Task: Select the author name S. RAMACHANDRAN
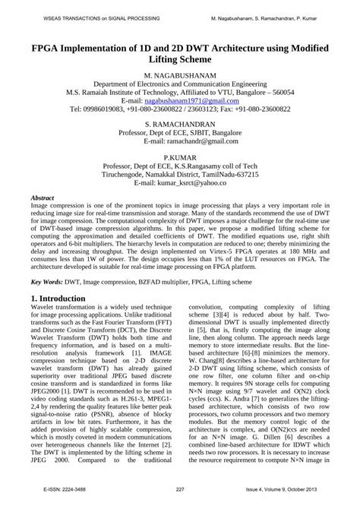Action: (x=180, y=122)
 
